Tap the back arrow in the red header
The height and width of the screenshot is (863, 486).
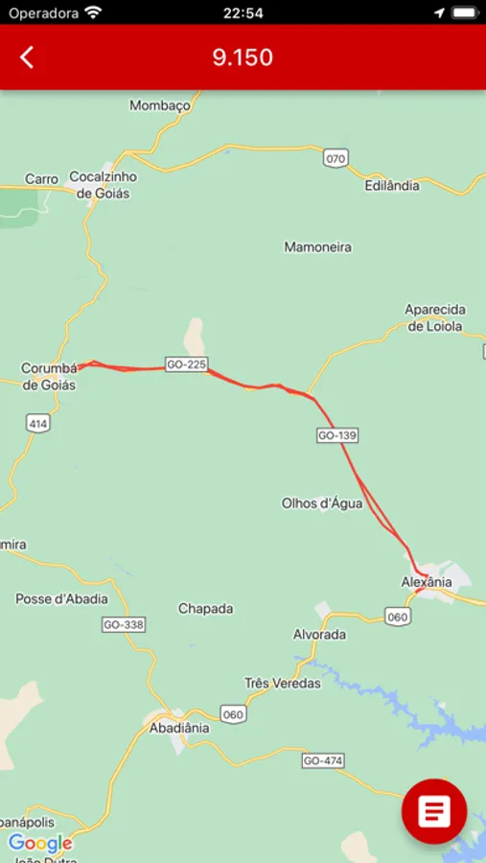point(27,58)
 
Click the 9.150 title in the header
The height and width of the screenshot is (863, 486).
point(243,58)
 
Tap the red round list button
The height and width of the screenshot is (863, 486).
point(433,812)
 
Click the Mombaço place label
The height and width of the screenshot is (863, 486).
point(160,105)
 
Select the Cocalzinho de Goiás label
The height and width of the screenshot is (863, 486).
point(104,185)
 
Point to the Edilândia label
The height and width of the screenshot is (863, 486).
point(392,185)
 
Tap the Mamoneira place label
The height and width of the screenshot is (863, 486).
point(317,247)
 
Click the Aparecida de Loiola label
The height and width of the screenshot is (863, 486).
point(435,317)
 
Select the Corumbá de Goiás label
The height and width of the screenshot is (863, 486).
point(48,377)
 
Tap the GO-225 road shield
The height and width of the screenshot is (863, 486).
point(187,365)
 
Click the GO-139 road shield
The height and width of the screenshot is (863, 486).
point(336,435)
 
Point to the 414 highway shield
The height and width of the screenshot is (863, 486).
point(38,423)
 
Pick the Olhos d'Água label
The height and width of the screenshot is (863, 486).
point(322,502)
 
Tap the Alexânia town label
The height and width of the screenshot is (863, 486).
point(426,582)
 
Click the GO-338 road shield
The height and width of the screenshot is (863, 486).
point(123,624)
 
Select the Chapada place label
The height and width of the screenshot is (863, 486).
point(205,608)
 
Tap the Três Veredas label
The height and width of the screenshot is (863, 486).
point(283,684)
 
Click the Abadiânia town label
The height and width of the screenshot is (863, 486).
point(179,728)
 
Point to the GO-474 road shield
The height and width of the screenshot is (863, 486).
point(322,760)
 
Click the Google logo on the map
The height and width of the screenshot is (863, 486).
point(40,844)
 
